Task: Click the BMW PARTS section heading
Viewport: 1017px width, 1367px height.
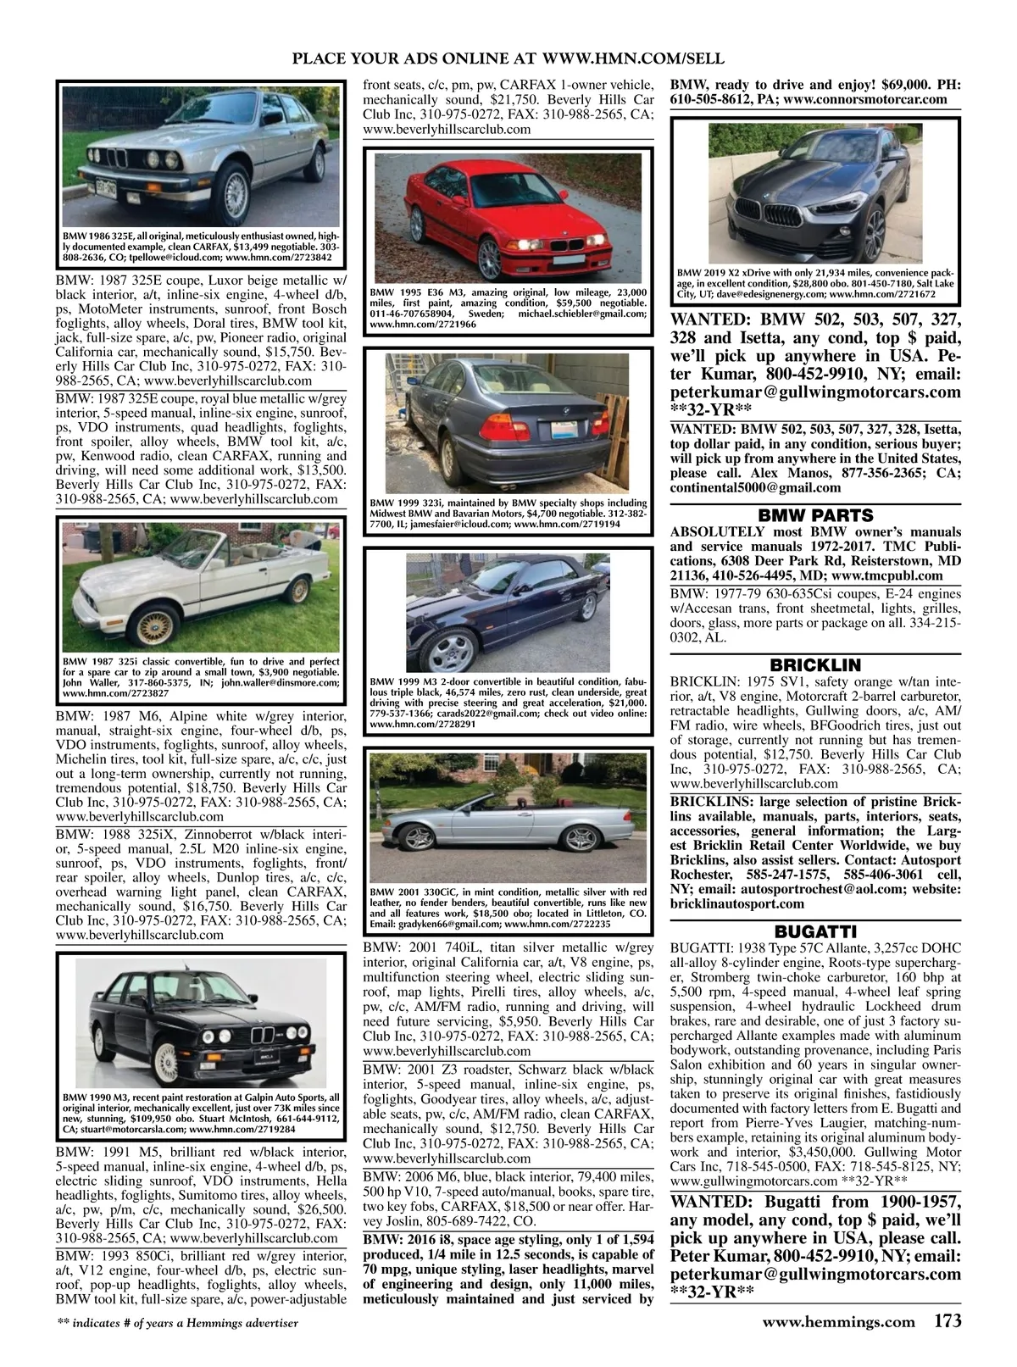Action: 815,515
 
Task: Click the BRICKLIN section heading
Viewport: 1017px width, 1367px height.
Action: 815,665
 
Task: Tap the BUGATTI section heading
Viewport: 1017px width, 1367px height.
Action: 815,930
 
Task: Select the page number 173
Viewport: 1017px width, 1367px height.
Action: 948,1320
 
